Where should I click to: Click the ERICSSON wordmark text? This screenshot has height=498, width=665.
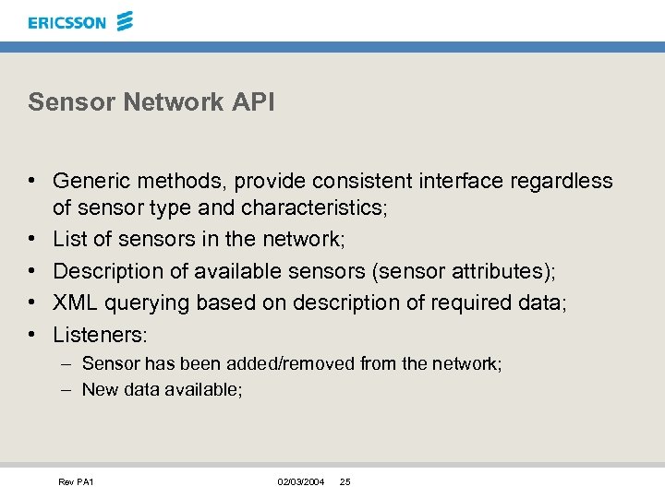(67, 22)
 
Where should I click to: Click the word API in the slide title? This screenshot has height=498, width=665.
(253, 101)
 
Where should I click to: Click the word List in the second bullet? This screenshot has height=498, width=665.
(68, 239)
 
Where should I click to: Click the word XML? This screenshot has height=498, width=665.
(74, 302)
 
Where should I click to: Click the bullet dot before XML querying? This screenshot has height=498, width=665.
(32, 302)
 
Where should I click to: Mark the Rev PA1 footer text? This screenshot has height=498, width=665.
(77, 482)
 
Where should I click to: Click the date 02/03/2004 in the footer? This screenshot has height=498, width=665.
(301, 482)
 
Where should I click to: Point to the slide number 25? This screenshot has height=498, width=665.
(345, 482)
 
